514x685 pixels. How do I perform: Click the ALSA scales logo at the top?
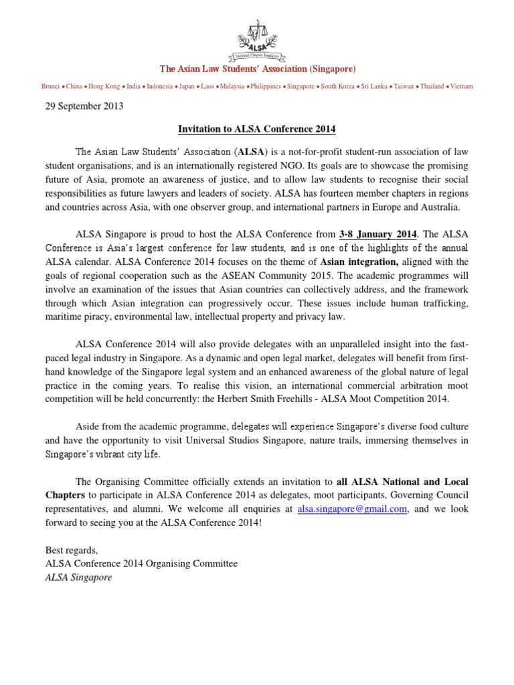(x=257, y=40)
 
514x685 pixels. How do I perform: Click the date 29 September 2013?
(x=84, y=106)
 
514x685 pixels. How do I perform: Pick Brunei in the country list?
(x=50, y=86)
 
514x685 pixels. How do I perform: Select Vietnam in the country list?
(x=462, y=86)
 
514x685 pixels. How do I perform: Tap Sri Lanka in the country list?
(x=379, y=86)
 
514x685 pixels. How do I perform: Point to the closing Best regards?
(x=72, y=550)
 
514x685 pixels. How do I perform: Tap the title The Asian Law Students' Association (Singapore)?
(x=257, y=70)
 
